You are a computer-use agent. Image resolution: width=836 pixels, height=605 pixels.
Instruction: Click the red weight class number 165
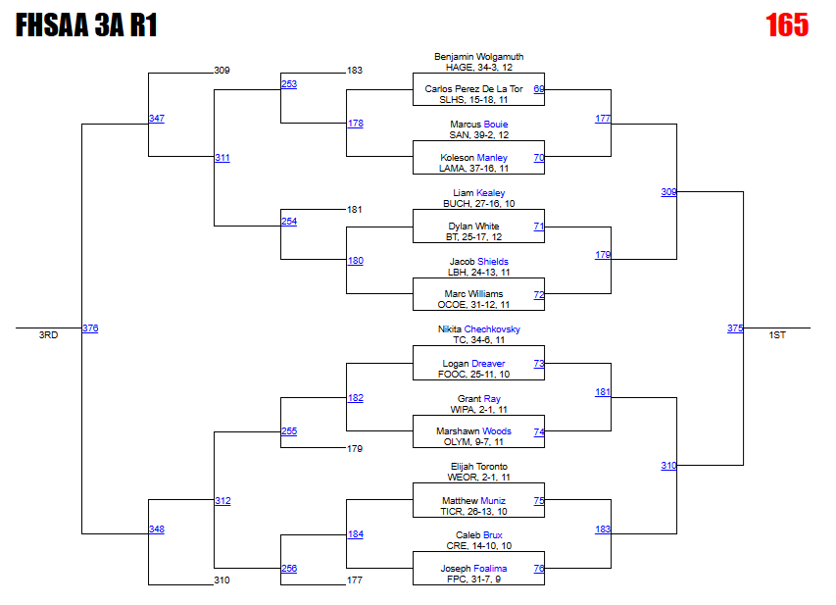point(787,25)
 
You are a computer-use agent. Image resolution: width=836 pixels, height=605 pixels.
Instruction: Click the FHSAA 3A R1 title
point(86,26)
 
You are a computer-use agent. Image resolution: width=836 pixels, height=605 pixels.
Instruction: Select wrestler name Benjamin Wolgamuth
point(478,57)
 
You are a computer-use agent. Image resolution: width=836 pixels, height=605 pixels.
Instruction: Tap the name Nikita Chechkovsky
point(478,329)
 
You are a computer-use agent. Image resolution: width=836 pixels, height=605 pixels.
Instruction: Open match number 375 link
point(735,328)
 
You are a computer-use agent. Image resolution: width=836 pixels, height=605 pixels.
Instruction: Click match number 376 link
point(90,328)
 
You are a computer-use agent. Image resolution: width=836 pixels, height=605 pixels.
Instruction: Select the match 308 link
point(668,192)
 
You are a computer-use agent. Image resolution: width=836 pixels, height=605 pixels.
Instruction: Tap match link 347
point(157,119)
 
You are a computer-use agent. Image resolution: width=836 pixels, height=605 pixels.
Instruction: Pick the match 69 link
point(539,89)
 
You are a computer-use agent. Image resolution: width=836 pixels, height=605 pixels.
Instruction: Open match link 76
point(539,569)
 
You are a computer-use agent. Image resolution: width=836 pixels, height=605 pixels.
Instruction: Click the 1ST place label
point(777,335)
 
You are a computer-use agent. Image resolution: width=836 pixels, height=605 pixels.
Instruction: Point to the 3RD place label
point(48,335)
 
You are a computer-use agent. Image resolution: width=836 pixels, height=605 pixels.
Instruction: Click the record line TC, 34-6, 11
point(478,340)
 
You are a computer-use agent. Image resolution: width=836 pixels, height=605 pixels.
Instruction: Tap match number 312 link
point(222,501)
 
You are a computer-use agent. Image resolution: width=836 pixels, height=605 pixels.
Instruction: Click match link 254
point(289,222)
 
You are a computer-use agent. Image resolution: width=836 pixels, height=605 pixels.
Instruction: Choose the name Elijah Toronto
point(478,467)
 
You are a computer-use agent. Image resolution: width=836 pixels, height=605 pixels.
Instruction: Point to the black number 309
point(221,71)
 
